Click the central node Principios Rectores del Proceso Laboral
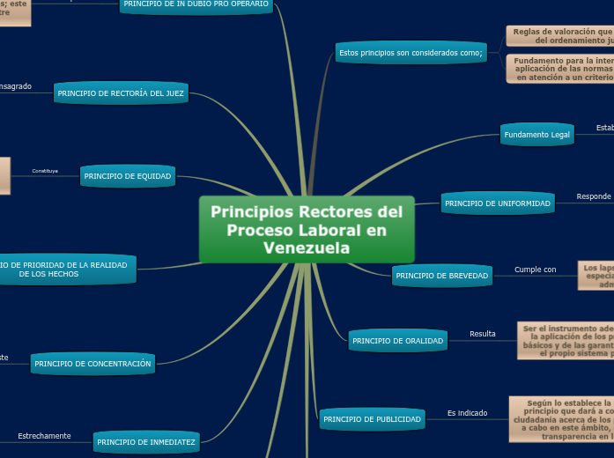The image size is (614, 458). tap(307, 229)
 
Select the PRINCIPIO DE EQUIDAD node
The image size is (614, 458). tap(128, 176)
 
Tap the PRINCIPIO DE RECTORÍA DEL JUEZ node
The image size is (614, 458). tap(121, 92)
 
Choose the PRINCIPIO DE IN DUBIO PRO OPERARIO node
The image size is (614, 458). tap(196, 5)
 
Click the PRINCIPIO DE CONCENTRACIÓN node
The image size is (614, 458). tap(92, 363)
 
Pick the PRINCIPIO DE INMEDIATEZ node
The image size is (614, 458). tap(147, 442)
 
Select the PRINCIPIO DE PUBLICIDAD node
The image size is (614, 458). tap(372, 419)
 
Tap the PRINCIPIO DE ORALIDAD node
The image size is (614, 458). tap(396, 340)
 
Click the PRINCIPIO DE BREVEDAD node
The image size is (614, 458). tap(441, 276)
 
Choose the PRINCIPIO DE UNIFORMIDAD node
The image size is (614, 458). tap(498, 203)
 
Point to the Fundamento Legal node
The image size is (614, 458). tap(537, 135)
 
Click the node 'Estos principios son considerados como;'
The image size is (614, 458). tap(411, 53)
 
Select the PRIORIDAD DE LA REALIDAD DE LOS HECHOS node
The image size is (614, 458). tap(67, 270)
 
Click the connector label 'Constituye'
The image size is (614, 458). tap(45, 171)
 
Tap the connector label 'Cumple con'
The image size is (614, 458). tap(535, 270)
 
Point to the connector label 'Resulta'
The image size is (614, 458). tap(482, 334)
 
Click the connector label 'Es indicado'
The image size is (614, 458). tap(467, 412)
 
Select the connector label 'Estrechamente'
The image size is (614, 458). tap(44, 436)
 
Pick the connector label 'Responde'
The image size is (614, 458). tap(594, 196)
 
